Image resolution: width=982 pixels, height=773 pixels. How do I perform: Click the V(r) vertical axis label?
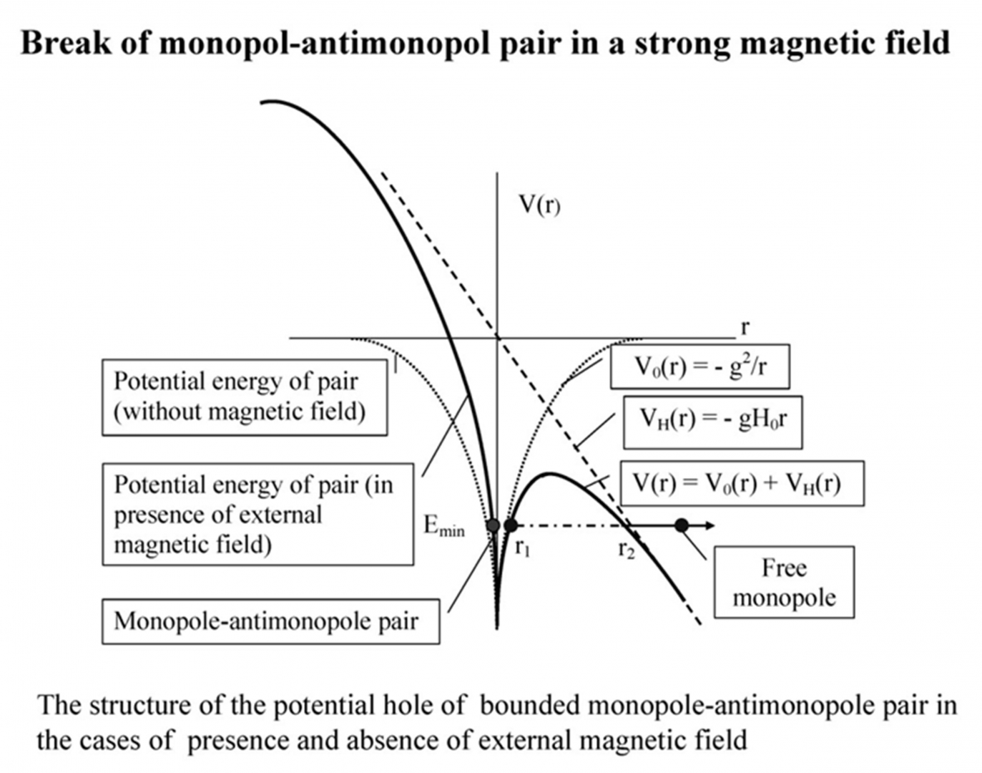539,205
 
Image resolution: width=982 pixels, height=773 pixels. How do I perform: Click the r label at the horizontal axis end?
745,327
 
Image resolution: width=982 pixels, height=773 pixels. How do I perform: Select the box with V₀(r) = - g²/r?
699,366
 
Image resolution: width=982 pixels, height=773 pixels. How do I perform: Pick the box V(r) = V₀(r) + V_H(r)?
742,483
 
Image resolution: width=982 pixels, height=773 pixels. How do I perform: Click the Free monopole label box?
784,583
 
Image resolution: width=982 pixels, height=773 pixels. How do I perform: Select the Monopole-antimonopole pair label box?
270,621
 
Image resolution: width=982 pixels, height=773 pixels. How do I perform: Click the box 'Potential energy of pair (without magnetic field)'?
245,397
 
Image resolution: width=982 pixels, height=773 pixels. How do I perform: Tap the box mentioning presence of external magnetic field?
257,515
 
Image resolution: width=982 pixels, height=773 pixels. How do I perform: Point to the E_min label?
443,526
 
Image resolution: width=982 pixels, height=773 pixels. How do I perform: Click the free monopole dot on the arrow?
682,525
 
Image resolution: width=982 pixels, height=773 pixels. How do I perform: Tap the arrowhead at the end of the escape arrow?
710,525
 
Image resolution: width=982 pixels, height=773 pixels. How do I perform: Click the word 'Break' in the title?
65,43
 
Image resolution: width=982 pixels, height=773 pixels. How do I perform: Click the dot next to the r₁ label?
510,525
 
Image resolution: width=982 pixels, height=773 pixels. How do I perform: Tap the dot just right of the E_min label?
493,525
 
